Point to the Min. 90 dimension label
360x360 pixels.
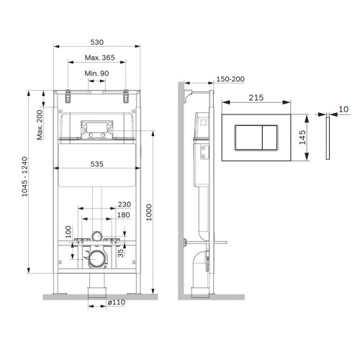click(x=96, y=75)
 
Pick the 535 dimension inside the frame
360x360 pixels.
click(x=96, y=163)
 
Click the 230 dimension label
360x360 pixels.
click(x=123, y=204)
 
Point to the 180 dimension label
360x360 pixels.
click(x=123, y=215)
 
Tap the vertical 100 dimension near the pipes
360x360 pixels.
click(x=68, y=232)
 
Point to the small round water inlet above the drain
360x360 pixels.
click(x=96, y=235)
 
